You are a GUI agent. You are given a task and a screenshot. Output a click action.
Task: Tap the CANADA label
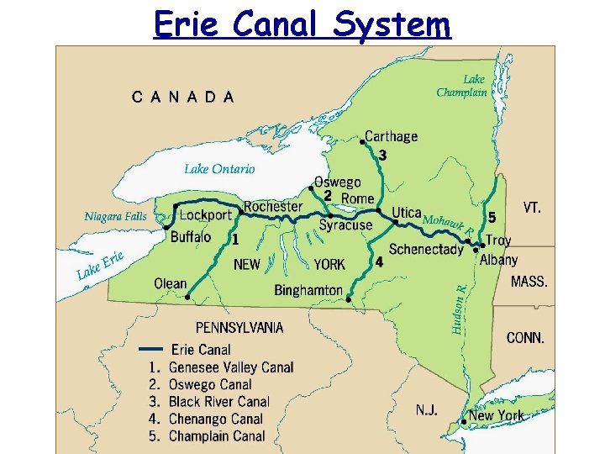point(183,97)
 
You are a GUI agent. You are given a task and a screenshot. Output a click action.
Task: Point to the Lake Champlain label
point(462,87)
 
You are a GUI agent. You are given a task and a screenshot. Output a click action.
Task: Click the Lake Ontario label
point(219,169)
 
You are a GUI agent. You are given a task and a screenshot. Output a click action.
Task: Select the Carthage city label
point(391,136)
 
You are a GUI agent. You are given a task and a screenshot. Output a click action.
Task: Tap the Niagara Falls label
point(116,216)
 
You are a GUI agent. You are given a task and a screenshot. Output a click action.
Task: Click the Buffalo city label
point(191,237)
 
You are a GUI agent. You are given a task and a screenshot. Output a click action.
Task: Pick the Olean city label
point(171,283)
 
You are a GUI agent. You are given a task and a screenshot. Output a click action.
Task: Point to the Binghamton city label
point(308,290)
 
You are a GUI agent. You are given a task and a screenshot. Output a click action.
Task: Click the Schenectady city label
point(426,249)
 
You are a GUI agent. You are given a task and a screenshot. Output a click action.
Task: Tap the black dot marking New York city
point(465,421)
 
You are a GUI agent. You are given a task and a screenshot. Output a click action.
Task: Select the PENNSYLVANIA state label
point(239,327)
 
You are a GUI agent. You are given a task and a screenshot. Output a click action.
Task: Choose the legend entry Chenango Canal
point(216,419)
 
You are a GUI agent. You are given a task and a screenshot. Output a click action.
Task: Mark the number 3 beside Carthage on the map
point(383,156)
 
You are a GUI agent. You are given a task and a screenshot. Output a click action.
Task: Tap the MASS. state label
point(529,282)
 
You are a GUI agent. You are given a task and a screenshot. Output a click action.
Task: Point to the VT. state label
point(532,207)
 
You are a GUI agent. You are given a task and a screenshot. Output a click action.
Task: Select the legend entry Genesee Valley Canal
point(231,367)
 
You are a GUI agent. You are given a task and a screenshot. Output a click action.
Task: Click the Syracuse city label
point(345,225)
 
